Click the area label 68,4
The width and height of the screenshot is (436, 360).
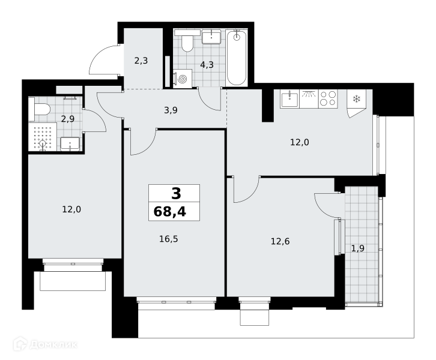coord(169,212)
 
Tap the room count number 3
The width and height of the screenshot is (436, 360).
coord(177,194)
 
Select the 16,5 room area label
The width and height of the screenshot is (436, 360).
coord(169,239)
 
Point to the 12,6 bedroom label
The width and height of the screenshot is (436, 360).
coord(280,241)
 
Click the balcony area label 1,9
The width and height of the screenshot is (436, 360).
coord(357,248)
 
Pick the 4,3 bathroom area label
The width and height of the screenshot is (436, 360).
coord(207,65)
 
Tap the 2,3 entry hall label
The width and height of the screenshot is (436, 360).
coord(141,61)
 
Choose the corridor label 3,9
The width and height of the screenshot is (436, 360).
coord(171,110)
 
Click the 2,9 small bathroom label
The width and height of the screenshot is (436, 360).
coord(68,119)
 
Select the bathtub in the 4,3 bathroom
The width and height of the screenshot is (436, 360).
coord(236,58)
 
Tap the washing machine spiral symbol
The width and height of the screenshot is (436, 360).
coord(183,79)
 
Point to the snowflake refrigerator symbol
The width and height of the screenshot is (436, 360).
coord(356,98)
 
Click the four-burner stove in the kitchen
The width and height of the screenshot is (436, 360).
coord(328,98)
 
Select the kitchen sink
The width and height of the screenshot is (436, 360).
coord(289,99)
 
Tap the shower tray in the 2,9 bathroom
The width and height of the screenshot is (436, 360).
coord(43,137)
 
